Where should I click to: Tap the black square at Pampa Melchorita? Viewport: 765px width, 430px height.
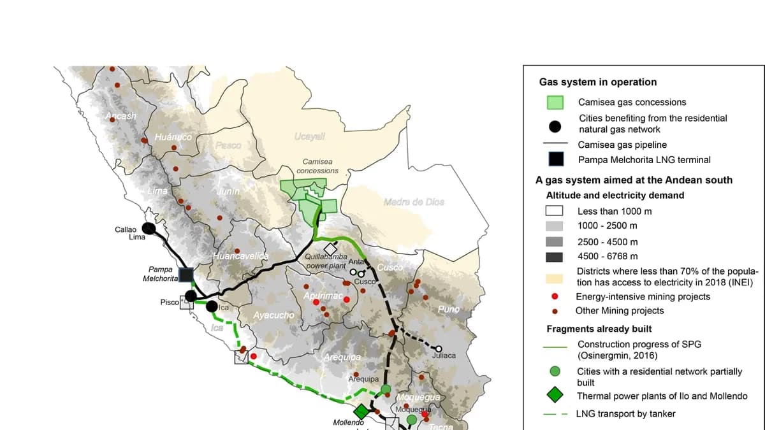pos(186,275)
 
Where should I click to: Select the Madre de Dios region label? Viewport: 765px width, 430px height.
pos(414,202)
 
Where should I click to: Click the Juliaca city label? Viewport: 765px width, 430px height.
pos(444,355)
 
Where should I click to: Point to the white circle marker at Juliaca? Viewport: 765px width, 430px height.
pos(438,348)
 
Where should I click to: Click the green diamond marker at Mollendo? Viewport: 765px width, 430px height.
pos(361,411)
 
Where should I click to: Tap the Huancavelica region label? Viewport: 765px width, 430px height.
pos(241,255)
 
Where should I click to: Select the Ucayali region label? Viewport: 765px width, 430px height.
pos(310,136)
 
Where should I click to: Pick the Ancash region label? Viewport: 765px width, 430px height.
pos(121,116)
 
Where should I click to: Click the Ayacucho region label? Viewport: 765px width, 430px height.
pos(273,315)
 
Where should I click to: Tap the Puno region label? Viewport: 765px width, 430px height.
pos(448,309)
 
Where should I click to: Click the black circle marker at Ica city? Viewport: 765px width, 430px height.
pos(212,306)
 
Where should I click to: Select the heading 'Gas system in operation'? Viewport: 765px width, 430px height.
pos(597,82)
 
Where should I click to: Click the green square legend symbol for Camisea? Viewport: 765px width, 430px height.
pos(555,103)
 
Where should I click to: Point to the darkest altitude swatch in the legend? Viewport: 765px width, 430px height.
pos(554,257)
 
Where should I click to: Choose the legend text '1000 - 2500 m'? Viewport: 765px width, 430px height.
pos(607,226)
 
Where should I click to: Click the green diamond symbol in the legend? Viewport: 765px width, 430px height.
pos(555,396)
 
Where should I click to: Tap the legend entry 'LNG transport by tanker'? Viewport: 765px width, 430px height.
pos(625,413)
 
